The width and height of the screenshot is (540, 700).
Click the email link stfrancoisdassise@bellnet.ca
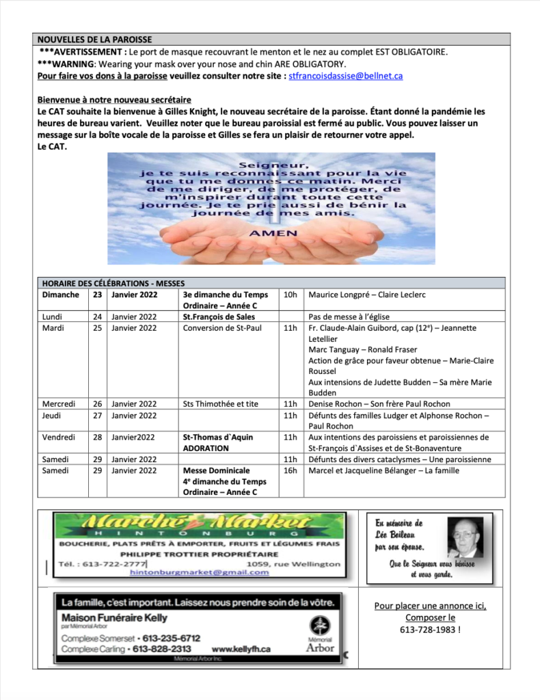point(346,76)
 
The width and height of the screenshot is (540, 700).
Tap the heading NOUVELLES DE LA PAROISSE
point(95,40)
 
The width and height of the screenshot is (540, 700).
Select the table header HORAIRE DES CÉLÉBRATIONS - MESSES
point(113,283)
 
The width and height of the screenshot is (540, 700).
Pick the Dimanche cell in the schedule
point(60,295)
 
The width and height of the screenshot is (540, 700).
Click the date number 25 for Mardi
point(97,328)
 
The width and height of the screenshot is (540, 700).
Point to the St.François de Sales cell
point(219,317)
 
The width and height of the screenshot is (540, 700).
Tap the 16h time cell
point(290,470)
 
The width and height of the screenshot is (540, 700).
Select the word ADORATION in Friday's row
point(206,448)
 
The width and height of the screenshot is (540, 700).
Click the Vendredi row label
point(59,437)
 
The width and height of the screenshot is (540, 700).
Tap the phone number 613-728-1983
point(431,629)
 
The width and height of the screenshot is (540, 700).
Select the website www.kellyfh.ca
point(241,648)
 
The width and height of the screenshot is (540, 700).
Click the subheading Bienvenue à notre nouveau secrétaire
point(114,100)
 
